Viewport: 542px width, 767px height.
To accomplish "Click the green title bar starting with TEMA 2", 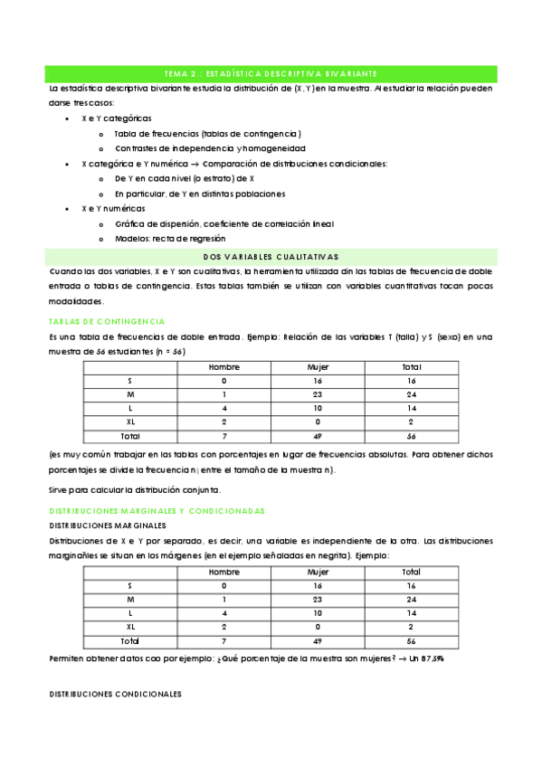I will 271,72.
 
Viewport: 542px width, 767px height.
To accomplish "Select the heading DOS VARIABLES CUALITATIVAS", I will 271,257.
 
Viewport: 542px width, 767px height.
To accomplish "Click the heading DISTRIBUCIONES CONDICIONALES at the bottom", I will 114,694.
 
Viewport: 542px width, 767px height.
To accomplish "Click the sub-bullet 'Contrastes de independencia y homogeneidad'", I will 210,147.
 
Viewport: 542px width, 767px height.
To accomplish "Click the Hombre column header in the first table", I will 223,367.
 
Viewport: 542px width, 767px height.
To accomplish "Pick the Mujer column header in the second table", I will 319,572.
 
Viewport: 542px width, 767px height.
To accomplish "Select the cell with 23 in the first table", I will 319,394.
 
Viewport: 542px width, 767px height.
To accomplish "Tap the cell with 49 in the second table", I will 319,640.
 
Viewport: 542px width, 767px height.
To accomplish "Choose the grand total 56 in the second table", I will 411,640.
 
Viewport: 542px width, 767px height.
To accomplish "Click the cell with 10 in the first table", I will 319,408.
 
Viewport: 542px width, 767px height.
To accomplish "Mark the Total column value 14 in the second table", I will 411,613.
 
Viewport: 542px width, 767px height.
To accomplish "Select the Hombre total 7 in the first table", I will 223,435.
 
